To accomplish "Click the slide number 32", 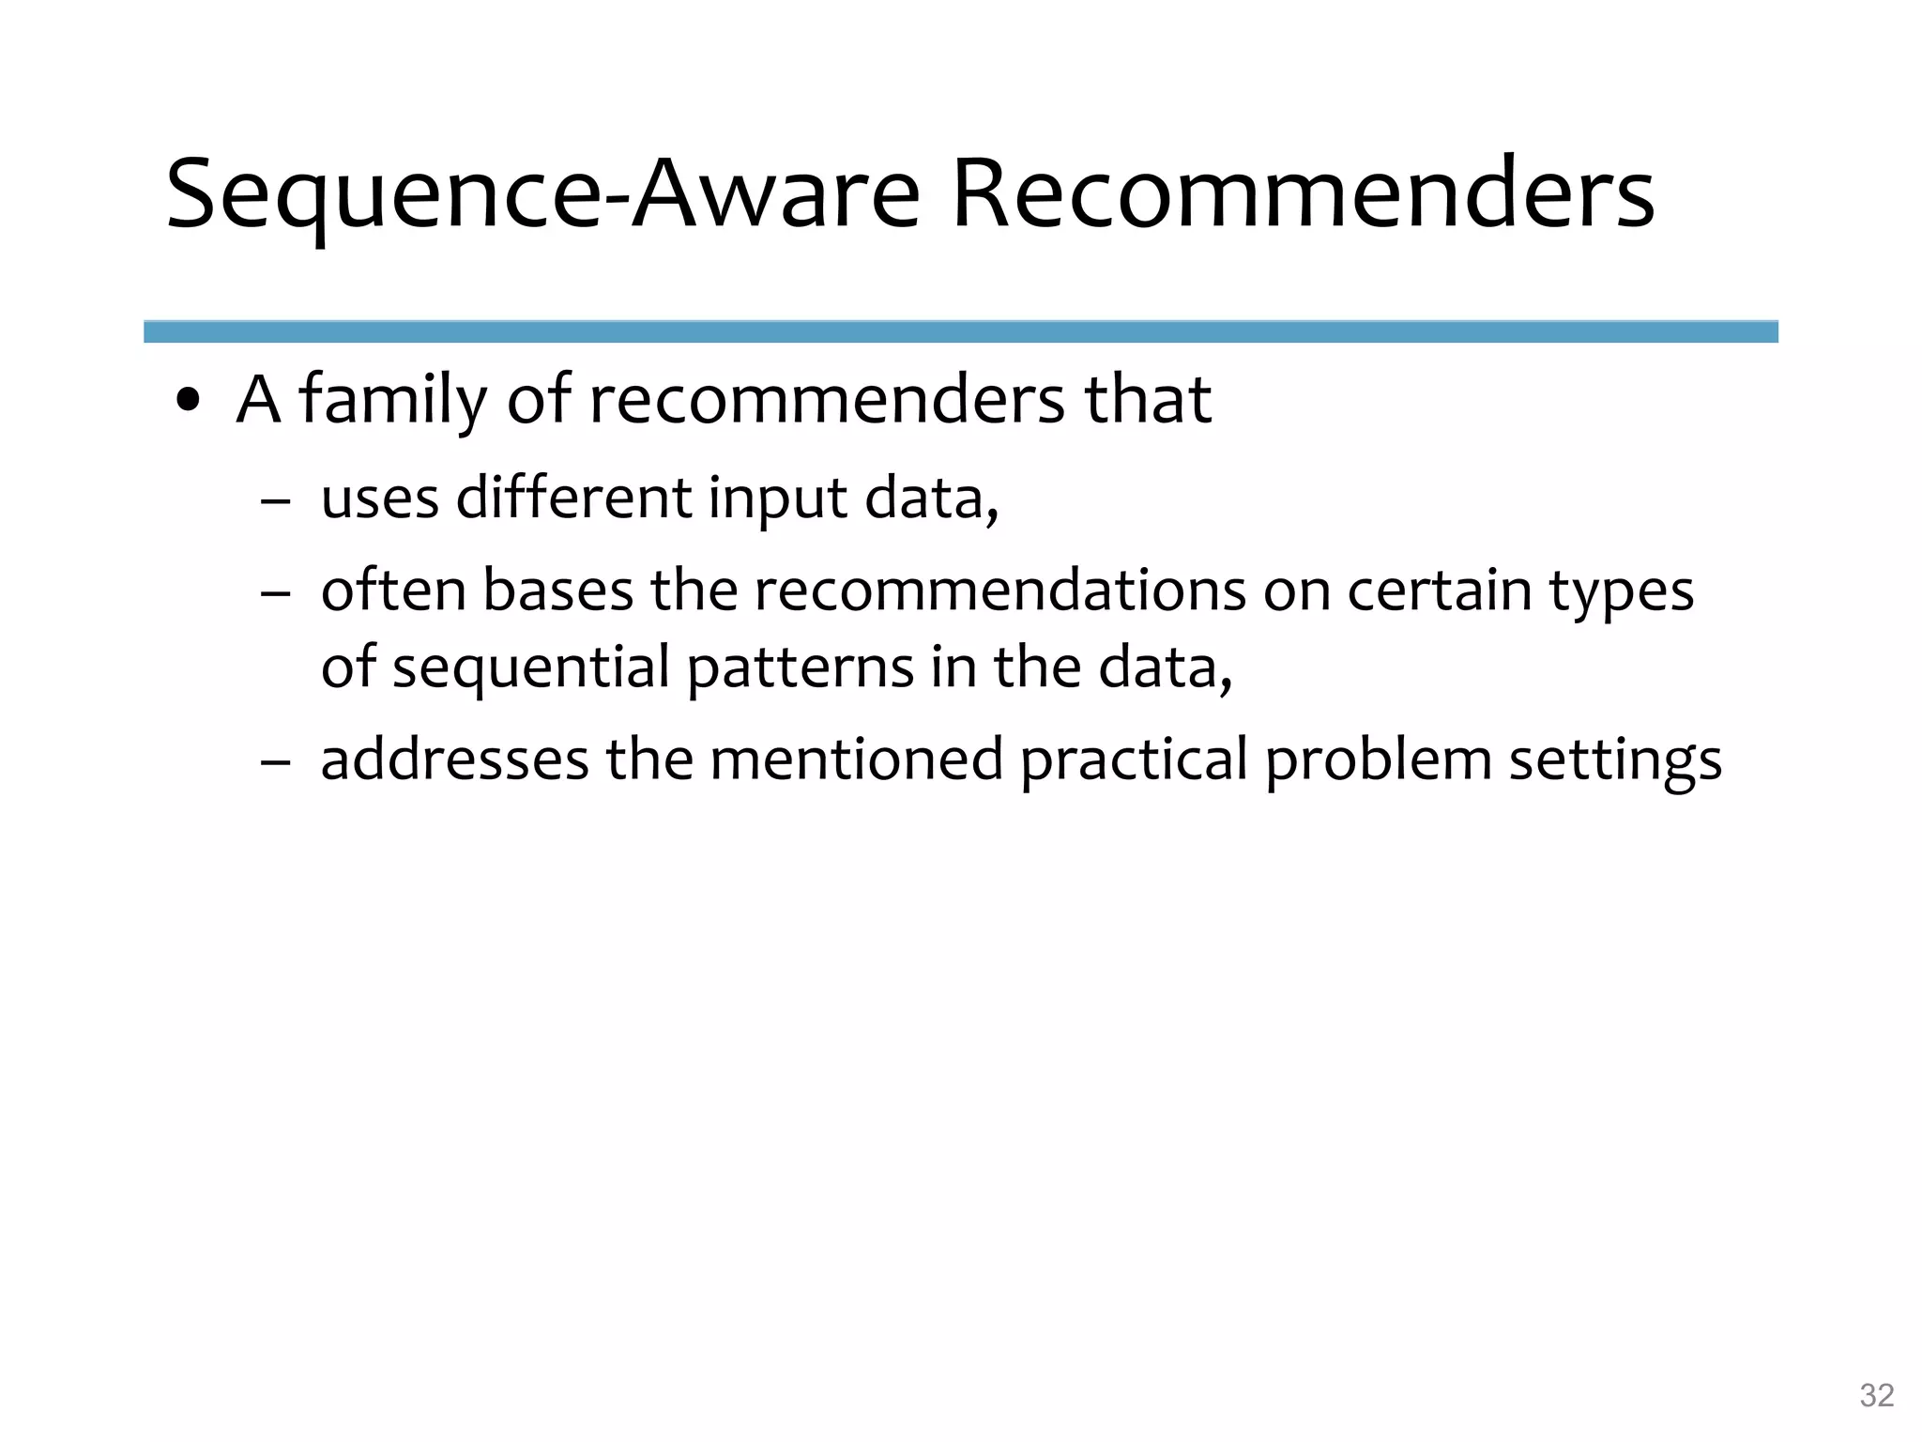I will point(1876,1395).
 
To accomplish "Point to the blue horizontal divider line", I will point(960,331).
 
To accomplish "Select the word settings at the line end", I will point(1614,760).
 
